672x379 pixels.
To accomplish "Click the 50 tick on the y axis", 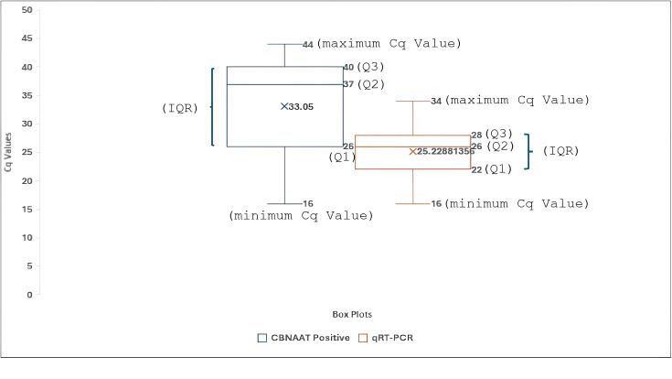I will (27, 10).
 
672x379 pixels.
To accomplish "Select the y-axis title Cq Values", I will (8, 152).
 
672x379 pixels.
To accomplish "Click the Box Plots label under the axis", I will (352, 314).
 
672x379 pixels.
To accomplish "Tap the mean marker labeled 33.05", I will (285, 106).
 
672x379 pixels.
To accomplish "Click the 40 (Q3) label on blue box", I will (364, 67).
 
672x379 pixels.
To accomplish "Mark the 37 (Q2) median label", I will (364, 84).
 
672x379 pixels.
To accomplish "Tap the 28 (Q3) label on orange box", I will (492, 135).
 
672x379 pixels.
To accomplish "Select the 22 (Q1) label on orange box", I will (492, 169).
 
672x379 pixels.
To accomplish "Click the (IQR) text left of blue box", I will (180, 108).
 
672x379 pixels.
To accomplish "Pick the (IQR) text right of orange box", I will (560, 151).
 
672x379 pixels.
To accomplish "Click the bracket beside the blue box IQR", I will (212, 106).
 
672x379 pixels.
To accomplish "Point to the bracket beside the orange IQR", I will (528, 152).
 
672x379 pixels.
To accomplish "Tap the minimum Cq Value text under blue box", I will (301, 216).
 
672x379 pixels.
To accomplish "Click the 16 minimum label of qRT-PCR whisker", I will (437, 204).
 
